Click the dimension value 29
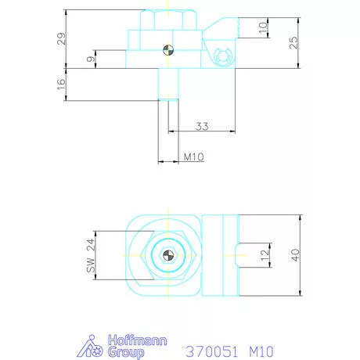[62, 38]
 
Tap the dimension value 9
[91, 59]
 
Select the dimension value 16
[61, 85]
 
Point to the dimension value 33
[202, 126]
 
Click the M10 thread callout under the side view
[193, 157]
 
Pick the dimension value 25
[293, 42]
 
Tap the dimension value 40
[296, 255]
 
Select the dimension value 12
[265, 255]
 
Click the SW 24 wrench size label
[91, 255]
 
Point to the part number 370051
[211, 351]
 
